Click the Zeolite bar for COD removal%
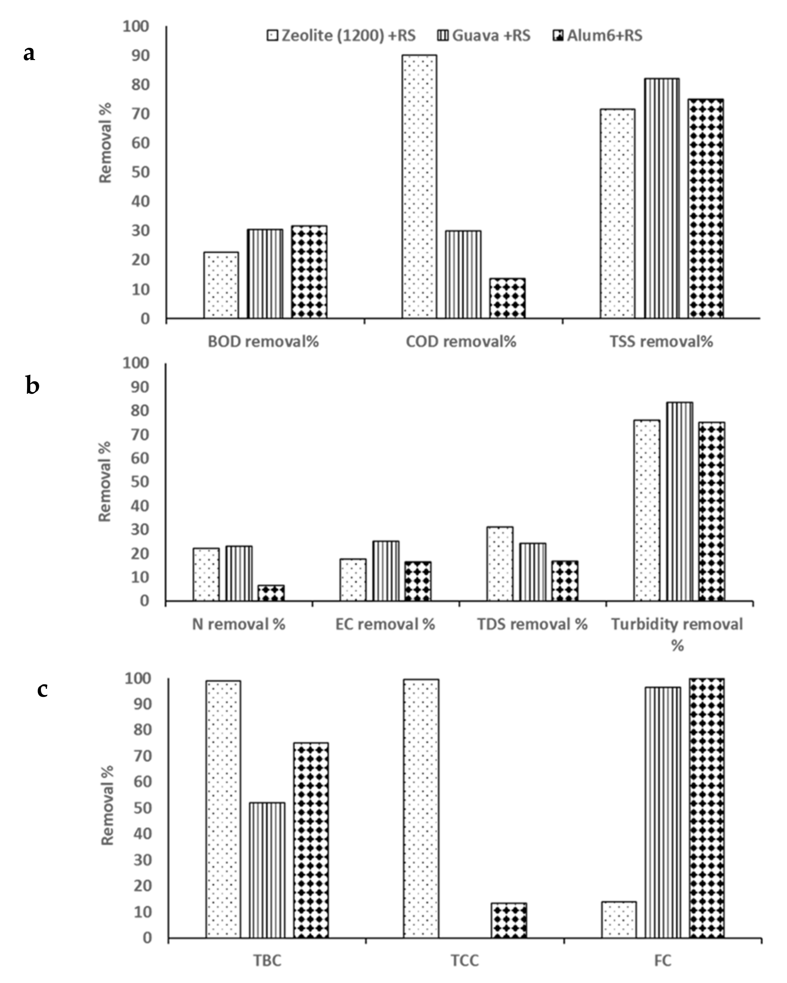[x=419, y=187]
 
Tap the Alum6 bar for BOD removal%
[x=309, y=272]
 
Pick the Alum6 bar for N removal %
[x=271, y=593]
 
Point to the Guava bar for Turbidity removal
[x=680, y=502]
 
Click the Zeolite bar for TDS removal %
[x=500, y=564]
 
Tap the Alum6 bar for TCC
[x=508, y=920]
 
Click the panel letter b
[x=32, y=386]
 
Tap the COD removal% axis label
[x=461, y=342]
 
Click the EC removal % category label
[x=385, y=624]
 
